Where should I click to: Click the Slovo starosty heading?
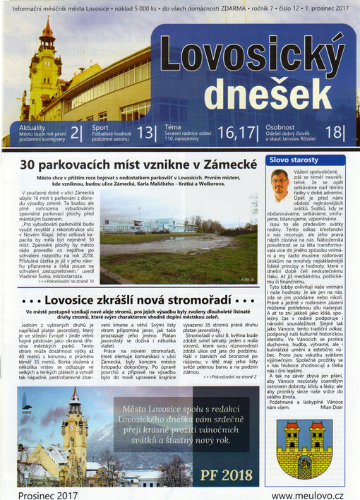[296, 160]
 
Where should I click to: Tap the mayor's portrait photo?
[280, 186]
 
